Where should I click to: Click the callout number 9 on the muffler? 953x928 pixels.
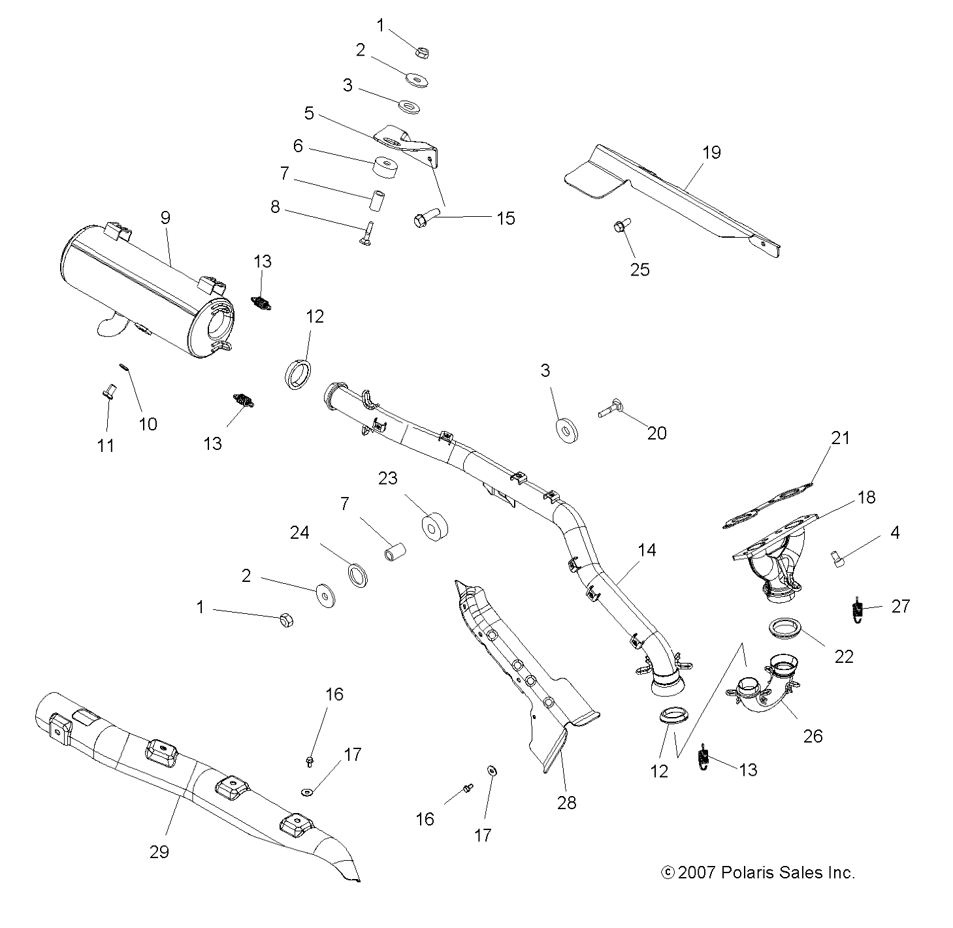tap(165, 218)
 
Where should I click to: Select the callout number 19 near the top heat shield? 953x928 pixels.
tap(711, 153)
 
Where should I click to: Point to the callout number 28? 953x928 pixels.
tap(567, 803)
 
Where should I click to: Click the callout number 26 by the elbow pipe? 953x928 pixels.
tap(813, 736)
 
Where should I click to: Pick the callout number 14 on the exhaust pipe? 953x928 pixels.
tap(647, 551)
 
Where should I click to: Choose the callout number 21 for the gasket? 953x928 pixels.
tap(841, 438)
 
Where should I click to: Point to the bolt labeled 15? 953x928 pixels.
tap(426, 219)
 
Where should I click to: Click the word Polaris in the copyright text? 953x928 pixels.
tap(749, 872)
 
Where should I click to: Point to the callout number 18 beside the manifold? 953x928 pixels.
tap(867, 498)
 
